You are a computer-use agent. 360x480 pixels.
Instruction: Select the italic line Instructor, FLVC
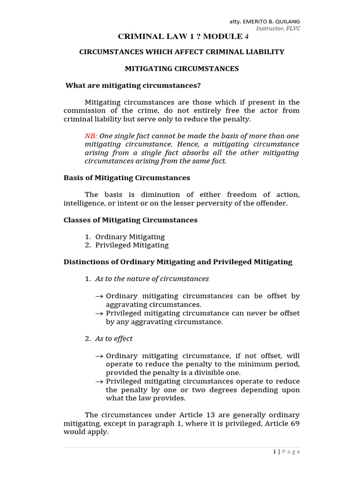(x=278, y=28)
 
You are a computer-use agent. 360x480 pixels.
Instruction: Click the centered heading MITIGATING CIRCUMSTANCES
(x=181, y=68)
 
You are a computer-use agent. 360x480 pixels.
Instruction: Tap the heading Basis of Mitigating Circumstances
(x=127, y=178)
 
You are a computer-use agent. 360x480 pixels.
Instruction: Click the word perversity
(x=225, y=203)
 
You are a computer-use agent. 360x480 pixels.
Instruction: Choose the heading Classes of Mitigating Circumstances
(x=130, y=220)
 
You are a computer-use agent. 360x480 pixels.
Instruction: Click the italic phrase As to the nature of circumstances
(x=152, y=279)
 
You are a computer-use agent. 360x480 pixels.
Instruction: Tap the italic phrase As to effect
(x=114, y=338)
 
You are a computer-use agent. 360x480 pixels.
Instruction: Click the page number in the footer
(x=274, y=451)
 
